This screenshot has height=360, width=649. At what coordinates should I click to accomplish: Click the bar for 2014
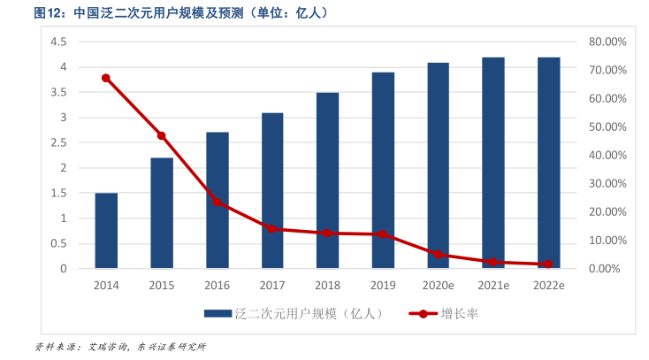(x=106, y=230)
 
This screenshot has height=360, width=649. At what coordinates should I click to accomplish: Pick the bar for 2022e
(x=548, y=163)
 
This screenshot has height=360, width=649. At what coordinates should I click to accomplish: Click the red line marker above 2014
(x=106, y=78)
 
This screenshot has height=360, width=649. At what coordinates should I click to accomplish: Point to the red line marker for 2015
(x=162, y=135)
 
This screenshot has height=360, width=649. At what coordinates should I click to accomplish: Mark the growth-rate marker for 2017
(x=272, y=229)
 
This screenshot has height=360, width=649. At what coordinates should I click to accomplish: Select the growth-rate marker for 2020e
(x=438, y=255)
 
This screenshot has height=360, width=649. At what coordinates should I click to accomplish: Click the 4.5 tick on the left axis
(x=59, y=42)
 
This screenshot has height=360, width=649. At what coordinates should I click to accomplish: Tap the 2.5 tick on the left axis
(x=59, y=142)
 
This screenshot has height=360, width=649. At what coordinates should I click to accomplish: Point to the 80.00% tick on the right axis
(x=607, y=42)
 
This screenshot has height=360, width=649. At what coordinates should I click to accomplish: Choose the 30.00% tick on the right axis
(x=607, y=183)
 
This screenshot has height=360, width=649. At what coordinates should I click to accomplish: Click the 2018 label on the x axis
(x=327, y=285)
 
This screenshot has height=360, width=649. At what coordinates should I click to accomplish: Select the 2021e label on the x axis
(x=493, y=285)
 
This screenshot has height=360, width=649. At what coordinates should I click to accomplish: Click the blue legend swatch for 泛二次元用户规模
(x=218, y=313)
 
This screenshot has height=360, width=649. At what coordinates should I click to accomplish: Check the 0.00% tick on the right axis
(x=607, y=268)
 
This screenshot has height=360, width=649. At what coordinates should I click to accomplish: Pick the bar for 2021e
(x=493, y=163)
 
